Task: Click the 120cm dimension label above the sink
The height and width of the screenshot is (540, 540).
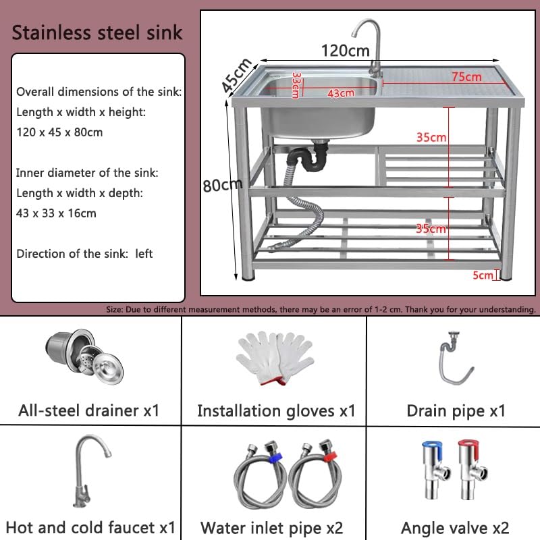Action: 345,51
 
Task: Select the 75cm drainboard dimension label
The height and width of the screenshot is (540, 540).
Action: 466,77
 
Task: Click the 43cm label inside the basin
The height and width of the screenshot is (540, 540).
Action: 341,93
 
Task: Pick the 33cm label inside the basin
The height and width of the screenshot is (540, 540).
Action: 296,86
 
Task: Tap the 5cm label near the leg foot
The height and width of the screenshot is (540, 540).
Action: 483,275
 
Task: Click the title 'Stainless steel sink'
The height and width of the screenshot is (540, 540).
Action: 97,32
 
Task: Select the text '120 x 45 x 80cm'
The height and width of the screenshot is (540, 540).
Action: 59,132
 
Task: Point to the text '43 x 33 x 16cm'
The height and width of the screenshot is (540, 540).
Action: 56,213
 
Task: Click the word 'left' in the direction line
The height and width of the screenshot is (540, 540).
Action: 144,254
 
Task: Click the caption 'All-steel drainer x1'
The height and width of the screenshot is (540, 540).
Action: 89,410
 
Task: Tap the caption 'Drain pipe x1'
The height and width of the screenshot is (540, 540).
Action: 456,410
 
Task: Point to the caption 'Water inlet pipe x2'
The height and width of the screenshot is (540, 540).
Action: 272,527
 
